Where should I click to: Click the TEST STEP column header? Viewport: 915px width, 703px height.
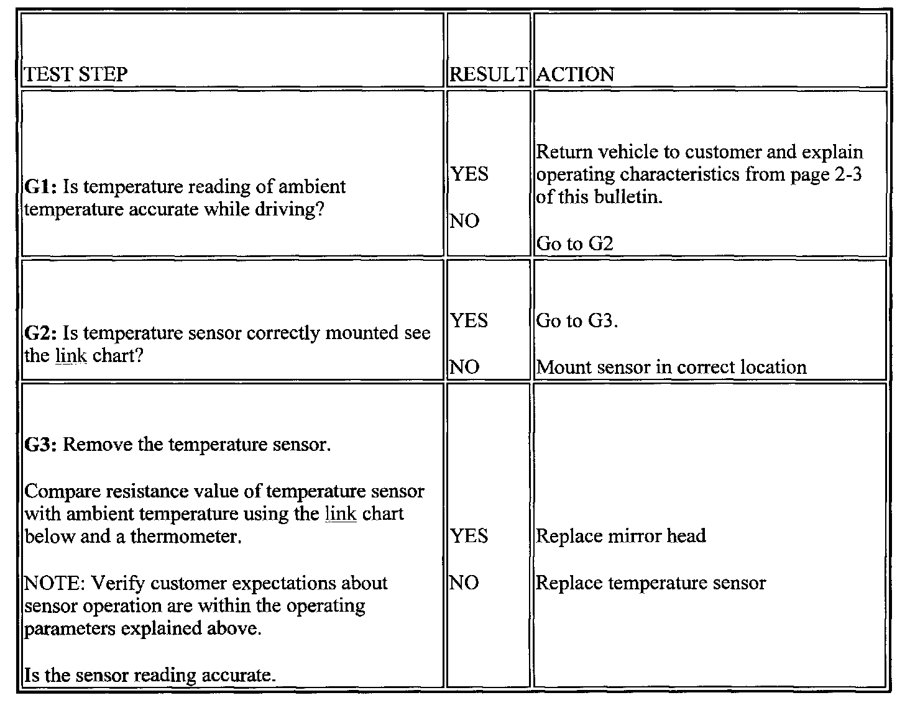click(76, 75)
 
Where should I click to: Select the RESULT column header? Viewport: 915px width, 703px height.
click(487, 75)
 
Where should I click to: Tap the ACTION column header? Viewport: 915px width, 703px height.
click(575, 75)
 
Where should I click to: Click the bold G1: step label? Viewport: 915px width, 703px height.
click(41, 187)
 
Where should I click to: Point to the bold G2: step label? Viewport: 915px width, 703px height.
click(41, 333)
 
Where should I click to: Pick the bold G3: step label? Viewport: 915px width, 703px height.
click(41, 445)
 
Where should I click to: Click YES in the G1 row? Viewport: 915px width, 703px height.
click(469, 175)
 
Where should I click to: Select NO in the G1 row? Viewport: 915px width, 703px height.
click(464, 221)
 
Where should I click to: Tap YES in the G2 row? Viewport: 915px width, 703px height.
click(469, 321)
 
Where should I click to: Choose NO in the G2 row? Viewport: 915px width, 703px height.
click(464, 367)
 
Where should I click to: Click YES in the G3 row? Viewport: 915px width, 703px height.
click(469, 536)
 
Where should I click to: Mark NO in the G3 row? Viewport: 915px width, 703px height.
click(464, 583)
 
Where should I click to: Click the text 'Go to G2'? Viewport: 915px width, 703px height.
click(574, 243)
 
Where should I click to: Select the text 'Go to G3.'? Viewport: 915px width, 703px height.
click(577, 321)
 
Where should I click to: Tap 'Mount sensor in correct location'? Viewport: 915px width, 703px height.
click(671, 367)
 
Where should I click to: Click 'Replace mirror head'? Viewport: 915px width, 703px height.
click(620, 536)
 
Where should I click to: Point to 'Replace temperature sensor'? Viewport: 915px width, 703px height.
click(650, 583)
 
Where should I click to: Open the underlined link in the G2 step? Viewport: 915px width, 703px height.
click(71, 356)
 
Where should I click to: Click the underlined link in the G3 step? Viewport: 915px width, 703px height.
click(341, 514)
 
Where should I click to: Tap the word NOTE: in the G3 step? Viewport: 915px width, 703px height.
click(55, 584)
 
